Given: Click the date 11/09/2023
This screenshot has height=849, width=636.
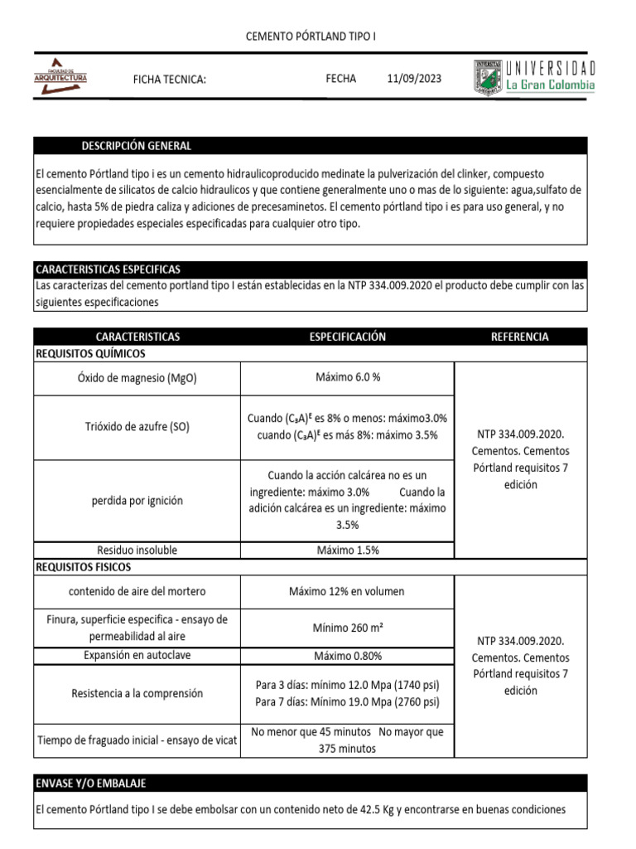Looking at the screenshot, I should click(414, 79).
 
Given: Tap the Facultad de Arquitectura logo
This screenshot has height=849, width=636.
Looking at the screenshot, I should click(60, 77).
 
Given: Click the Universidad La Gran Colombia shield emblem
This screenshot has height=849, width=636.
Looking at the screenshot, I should click(487, 77).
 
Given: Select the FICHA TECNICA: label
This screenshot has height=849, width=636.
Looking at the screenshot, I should click(169, 80).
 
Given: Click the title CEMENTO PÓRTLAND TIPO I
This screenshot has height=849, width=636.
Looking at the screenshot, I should click(313, 37).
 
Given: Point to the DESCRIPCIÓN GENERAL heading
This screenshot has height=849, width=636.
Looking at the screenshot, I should click(136, 146).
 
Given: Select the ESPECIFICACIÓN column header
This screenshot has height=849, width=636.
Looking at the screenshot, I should click(348, 337).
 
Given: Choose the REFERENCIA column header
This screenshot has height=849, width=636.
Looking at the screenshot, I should click(519, 337).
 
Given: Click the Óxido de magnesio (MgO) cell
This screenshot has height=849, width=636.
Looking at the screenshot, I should click(137, 378).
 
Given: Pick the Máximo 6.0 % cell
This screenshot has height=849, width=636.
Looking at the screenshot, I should click(348, 377).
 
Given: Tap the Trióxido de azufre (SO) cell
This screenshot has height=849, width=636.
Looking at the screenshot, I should click(137, 427).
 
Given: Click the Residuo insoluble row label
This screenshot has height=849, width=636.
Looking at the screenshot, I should click(137, 550).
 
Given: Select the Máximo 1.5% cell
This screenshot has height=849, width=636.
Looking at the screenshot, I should click(348, 550).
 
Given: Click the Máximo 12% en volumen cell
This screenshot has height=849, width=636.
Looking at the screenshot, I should click(348, 591).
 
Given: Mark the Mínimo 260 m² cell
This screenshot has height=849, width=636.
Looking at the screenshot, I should click(348, 628).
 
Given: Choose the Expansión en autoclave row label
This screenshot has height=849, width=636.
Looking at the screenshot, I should click(137, 656).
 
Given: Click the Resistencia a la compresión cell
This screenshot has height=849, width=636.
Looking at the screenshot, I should click(137, 693).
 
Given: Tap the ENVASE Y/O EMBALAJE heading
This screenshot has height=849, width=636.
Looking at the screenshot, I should click(91, 784).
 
